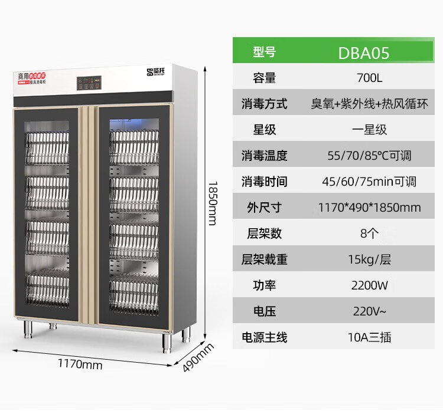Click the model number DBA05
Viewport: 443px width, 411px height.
click(363, 52)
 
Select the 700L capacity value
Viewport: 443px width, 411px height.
click(370, 78)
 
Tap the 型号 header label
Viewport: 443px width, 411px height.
click(264, 52)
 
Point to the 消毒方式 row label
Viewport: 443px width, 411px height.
click(264, 104)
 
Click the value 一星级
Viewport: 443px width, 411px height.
click(370, 130)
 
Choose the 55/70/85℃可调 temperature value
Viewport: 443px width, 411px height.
click(370, 156)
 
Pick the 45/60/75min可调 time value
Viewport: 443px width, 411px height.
click(370, 182)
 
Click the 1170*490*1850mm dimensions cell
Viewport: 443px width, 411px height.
click(370, 208)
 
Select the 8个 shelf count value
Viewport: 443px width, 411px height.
click(370, 234)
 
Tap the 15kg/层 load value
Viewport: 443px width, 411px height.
click(370, 259)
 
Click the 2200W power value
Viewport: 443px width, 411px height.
click(370, 286)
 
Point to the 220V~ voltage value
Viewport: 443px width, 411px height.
click(370, 312)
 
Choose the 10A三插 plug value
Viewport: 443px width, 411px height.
click(370, 338)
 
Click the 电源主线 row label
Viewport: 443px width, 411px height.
click(264, 338)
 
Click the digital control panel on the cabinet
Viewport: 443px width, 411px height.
click(88, 83)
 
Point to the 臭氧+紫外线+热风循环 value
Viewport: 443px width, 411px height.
click(370, 104)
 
